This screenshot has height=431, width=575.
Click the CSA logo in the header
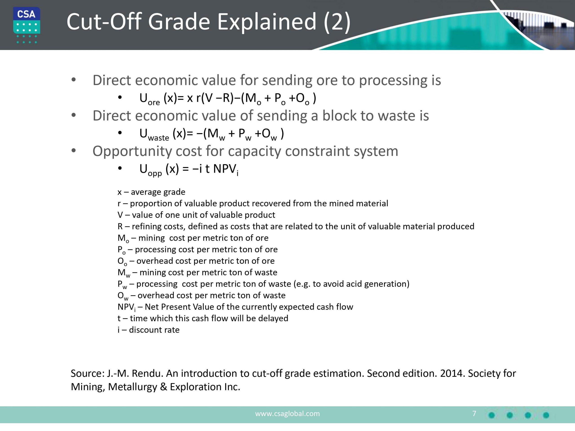27,25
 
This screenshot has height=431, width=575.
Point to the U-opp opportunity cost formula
189,169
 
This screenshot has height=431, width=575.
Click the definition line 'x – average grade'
151,192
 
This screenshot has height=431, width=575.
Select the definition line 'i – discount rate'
148,330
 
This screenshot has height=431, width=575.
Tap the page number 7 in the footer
474,413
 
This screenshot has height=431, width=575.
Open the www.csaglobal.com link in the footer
287,413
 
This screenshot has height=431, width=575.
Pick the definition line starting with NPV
235,307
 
